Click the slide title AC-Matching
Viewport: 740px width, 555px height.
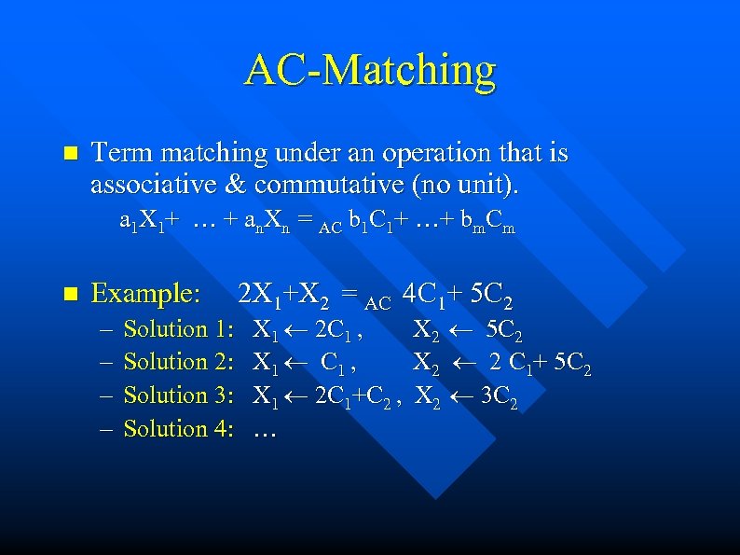click(370, 72)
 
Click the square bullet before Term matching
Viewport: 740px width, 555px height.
click(64, 152)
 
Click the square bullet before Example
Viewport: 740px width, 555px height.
click(64, 295)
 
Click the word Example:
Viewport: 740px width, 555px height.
click(145, 295)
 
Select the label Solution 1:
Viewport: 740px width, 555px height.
click(178, 329)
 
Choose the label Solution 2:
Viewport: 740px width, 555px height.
click(178, 362)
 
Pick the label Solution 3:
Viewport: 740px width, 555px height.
click(178, 395)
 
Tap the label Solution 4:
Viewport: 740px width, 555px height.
click(178, 429)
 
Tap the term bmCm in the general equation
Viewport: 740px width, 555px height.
click(490, 225)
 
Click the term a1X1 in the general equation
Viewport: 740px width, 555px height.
click(140, 225)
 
